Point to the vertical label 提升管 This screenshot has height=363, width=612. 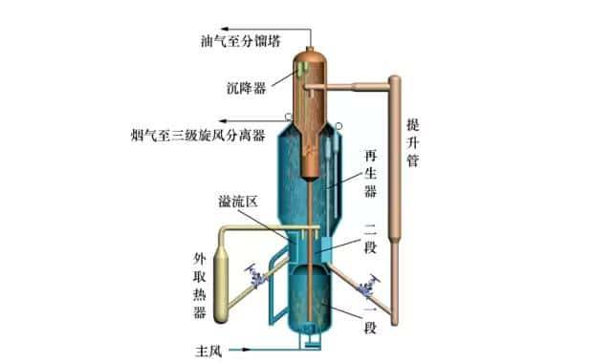tap(412, 142)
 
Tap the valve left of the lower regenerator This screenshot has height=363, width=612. tap(256, 276)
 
